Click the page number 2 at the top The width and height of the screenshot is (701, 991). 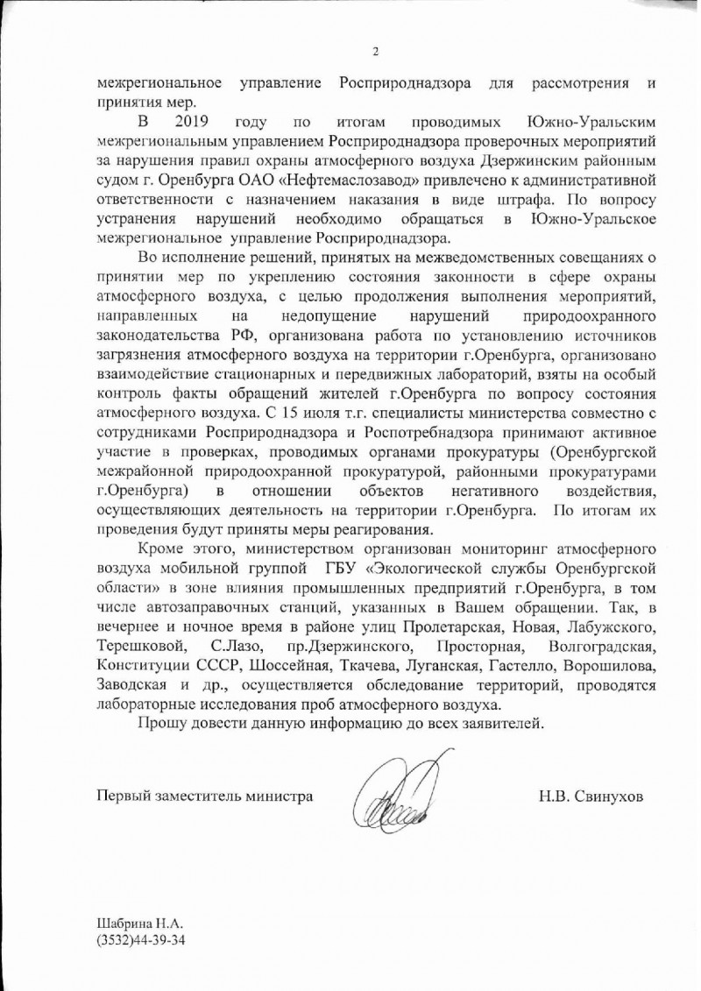click(374, 51)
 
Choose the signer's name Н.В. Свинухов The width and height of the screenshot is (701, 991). click(591, 797)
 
